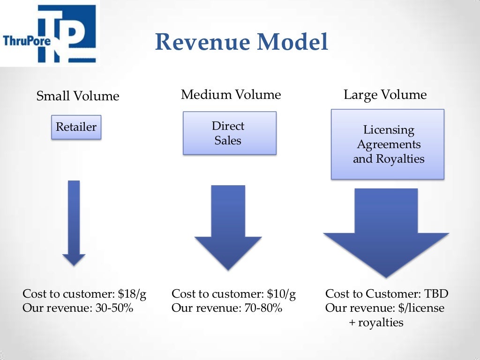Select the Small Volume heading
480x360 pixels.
(x=78, y=96)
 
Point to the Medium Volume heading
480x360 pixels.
(x=231, y=95)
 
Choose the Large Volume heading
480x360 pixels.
(x=385, y=95)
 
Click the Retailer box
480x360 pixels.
(x=76, y=127)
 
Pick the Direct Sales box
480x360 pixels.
(x=229, y=133)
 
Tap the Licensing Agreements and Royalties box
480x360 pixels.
(x=388, y=144)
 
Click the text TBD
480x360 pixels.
(x=436, y=294)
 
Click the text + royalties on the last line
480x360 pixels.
(x=376, y=322)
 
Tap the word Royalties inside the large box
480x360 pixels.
(x=402, y=159)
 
